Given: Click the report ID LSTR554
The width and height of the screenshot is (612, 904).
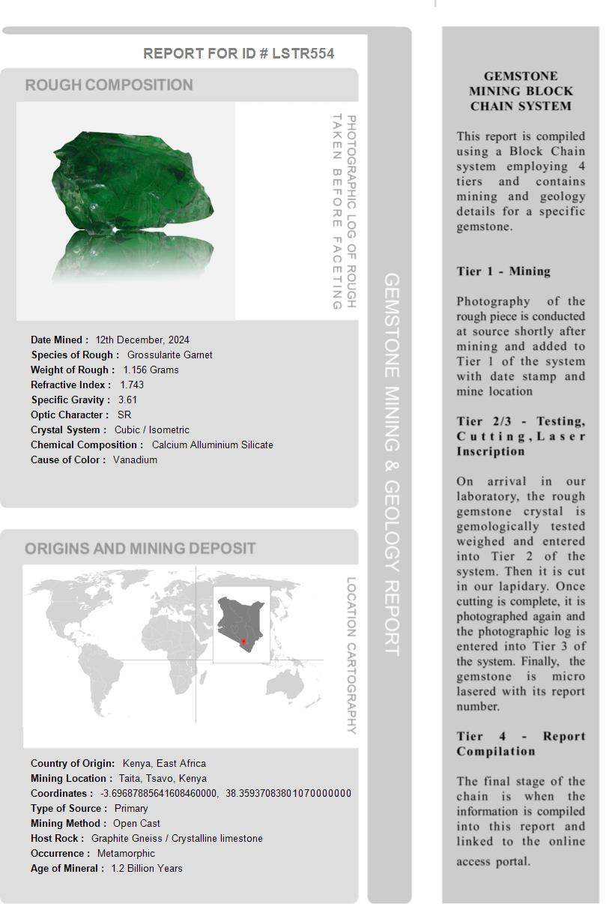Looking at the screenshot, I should [303, 53].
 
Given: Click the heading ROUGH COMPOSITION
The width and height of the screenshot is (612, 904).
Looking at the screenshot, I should [109, 85].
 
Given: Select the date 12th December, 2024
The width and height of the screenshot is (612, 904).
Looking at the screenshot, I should [142, 340].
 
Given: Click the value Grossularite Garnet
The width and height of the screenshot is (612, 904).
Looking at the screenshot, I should [169, 355].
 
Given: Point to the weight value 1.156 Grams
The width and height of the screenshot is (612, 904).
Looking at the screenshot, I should [151, 370].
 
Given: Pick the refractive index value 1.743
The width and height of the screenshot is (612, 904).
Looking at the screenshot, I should [132, 385].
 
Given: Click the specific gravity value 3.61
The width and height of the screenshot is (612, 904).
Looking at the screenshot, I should [127, 400].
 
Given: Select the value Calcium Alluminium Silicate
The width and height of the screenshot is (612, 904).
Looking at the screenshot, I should [212, 445].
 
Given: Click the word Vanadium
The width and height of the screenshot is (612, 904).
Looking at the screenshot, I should [135, 459].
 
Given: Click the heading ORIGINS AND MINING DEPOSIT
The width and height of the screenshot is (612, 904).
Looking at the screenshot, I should [140, 548].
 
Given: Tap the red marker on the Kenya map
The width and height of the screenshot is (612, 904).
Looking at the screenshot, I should [243, 642].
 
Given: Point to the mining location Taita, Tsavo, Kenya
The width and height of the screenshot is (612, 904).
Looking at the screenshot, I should [163, 778].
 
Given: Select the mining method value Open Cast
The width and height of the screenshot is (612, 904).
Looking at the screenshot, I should [136, 823].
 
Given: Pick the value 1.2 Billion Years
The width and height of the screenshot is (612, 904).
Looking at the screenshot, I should [147, 868].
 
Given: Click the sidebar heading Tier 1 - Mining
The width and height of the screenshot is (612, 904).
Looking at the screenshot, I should [503, 271].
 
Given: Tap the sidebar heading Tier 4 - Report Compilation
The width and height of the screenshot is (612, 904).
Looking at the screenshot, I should [521, 744].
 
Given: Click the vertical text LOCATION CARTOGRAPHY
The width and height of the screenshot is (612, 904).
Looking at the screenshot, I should [351, 655].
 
